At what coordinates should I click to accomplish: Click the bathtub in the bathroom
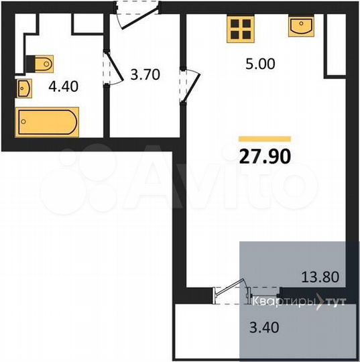pos(47,123)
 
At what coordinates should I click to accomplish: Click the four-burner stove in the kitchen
pos(241,29)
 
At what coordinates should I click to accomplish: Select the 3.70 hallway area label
pos(145,74)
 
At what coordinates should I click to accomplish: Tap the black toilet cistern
pos(29,63)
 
